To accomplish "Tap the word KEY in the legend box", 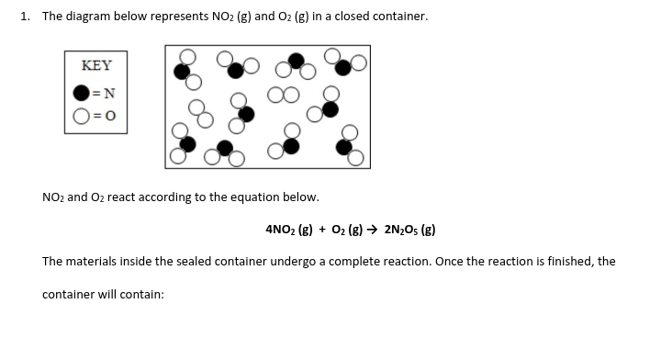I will (x=96, y=66).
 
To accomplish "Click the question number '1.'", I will (x=25, y=17).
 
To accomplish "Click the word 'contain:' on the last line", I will (x=140, y=295).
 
